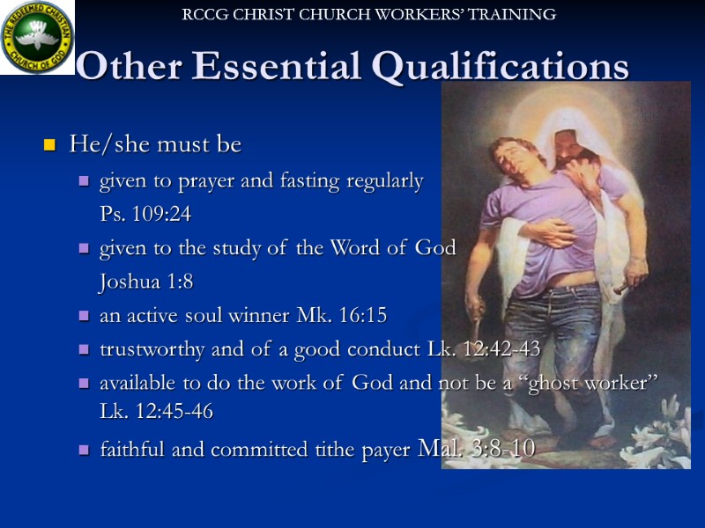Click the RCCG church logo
[37, 36]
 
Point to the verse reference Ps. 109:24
[145, 215]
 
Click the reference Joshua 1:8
[146, 282]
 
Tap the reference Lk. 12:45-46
[157, 411]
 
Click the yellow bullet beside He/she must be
[50, 145]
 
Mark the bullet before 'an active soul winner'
[84, 316]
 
